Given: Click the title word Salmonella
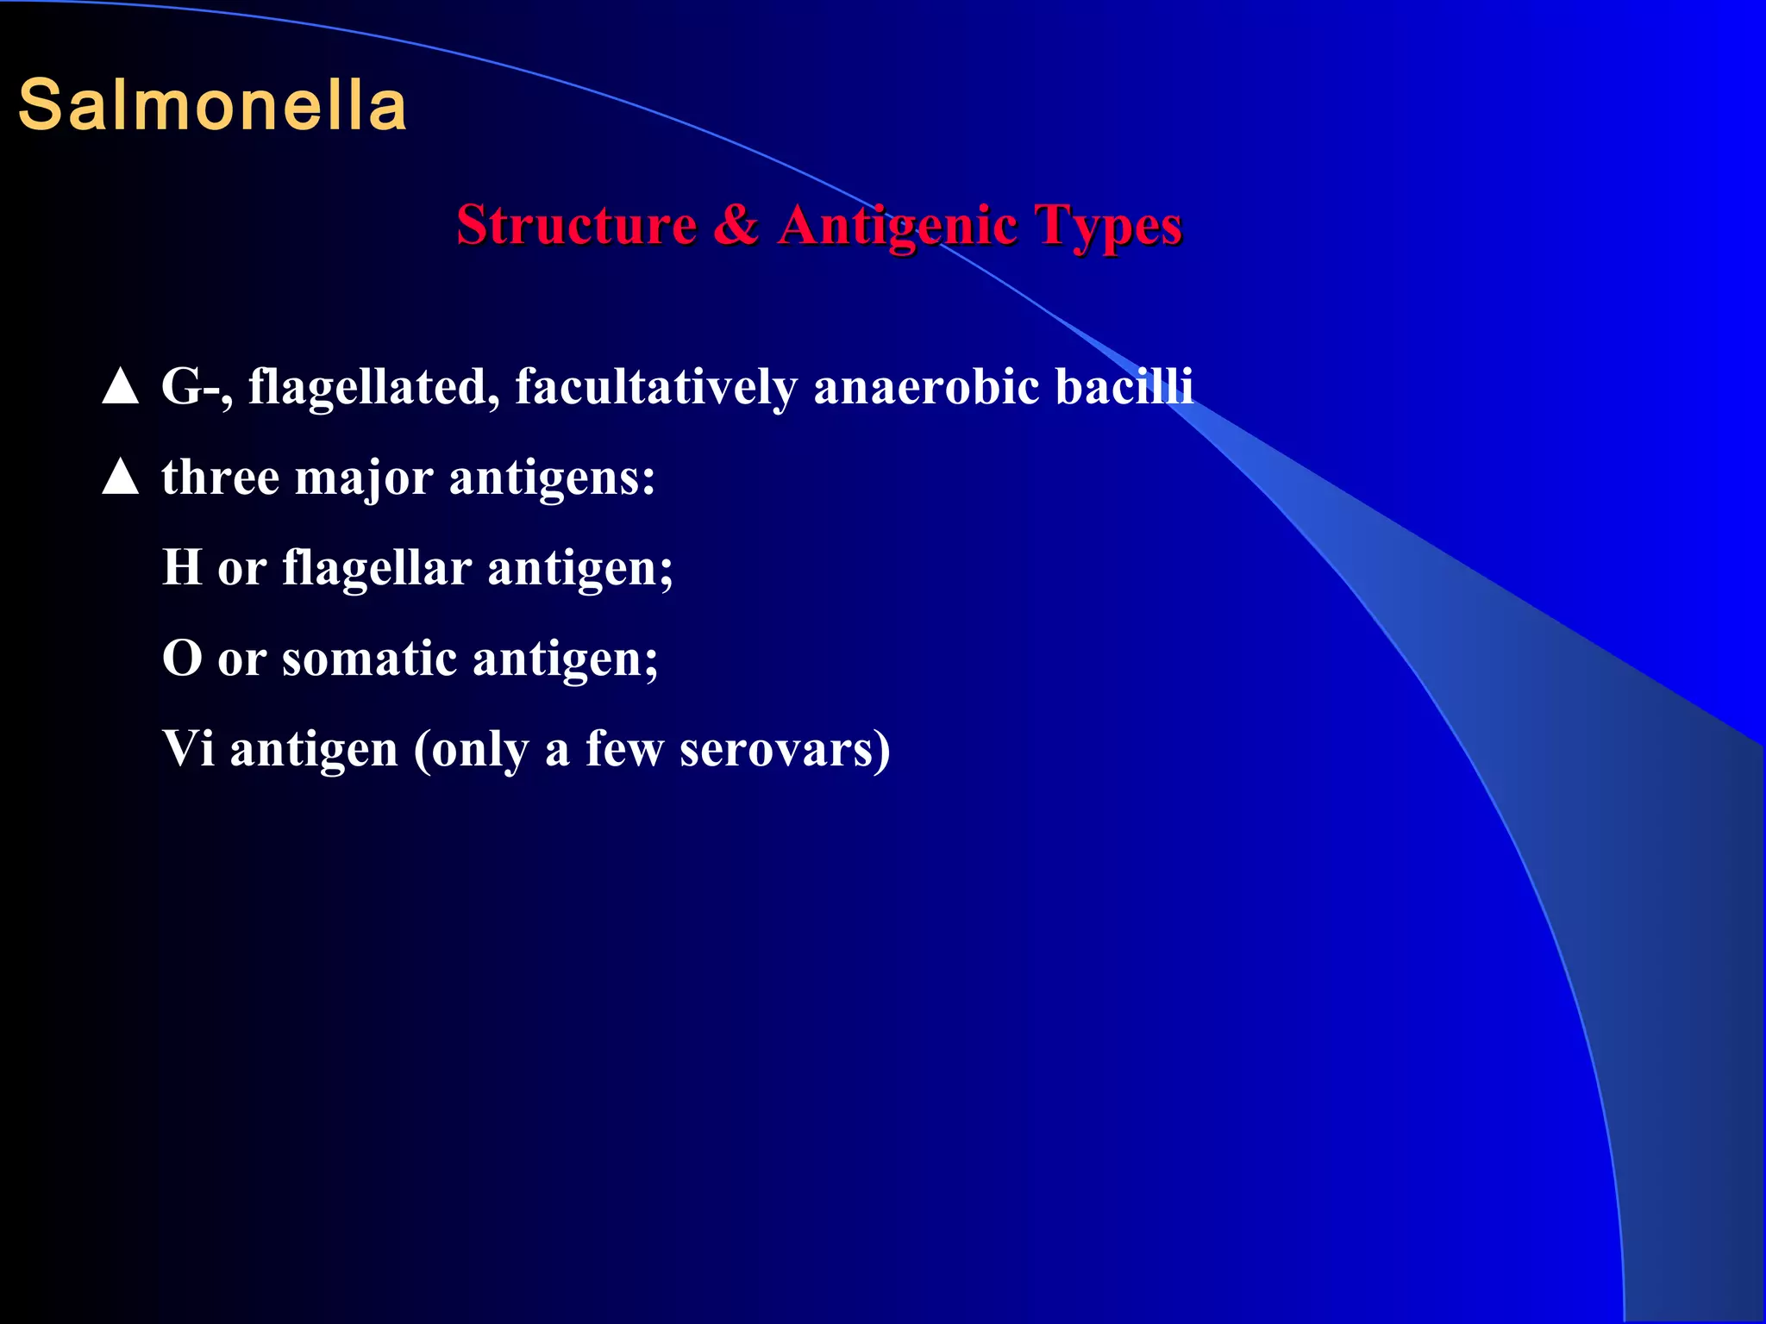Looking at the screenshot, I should (x=212, y=105).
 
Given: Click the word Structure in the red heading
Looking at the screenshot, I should (x=576, y=225).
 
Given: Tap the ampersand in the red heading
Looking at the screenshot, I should (x=736, y=225).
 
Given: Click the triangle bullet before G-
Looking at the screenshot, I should (x=120, y=386).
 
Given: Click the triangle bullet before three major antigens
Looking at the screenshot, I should (x=120, y=477).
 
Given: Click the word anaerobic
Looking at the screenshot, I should (x=926, y=387).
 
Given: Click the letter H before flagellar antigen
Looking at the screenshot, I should (x=182, y=568).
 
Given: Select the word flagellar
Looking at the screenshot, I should (x=377, y=568).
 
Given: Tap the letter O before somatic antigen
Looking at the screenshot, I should (x=182, y=659).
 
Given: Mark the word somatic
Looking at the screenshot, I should (x=369, y=659).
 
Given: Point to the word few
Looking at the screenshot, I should (x=624, y=748).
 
